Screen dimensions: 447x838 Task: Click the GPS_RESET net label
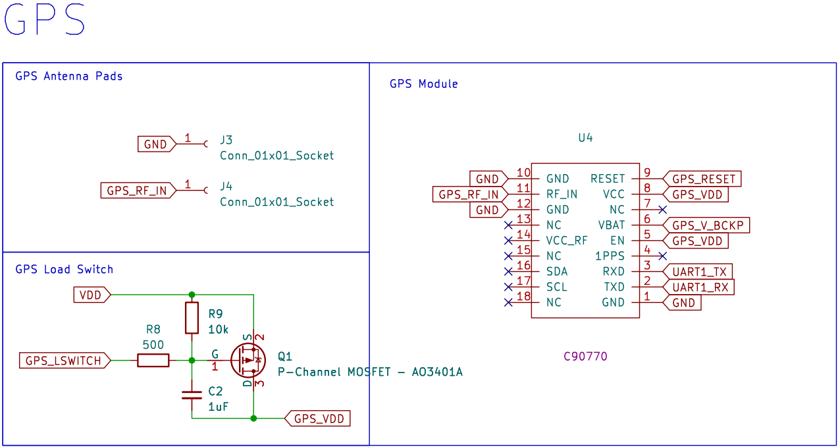[702, 179]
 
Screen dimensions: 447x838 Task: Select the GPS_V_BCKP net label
[706, 225]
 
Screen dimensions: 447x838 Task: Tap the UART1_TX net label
[698, 272]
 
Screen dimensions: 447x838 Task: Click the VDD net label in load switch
[91, 295]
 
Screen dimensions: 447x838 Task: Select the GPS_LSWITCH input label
[63, 361]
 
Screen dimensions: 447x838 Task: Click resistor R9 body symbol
[192, 318]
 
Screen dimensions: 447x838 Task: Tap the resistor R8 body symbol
[153, 361]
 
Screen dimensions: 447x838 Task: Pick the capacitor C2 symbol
[192, 396]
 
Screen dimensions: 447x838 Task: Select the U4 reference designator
[585, 138]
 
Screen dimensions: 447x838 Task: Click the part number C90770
[585, 357]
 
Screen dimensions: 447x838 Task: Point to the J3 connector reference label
[226, 140]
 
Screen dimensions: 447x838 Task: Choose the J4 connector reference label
[226, 186]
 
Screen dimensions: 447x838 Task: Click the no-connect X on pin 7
[663, 209]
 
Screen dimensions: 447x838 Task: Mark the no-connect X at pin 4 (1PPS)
[663, 255]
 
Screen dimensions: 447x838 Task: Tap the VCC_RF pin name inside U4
[567, 241]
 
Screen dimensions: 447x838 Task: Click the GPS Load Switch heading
[65, 269]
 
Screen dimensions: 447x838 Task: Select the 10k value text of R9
[218, 329]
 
